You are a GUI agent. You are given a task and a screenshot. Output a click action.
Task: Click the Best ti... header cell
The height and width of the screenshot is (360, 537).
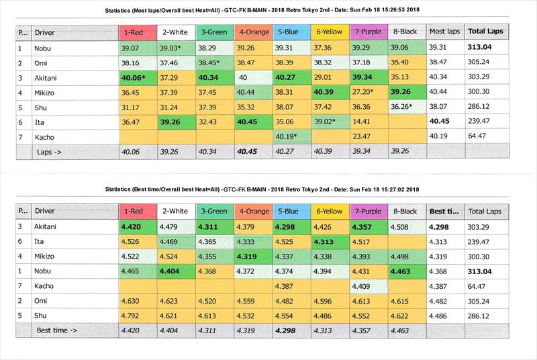tap(445, 211)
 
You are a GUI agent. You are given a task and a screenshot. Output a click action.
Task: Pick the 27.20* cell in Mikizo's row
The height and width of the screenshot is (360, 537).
tap(367, 92)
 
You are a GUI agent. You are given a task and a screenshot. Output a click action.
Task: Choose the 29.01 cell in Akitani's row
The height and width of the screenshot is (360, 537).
tap(329, 78)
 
